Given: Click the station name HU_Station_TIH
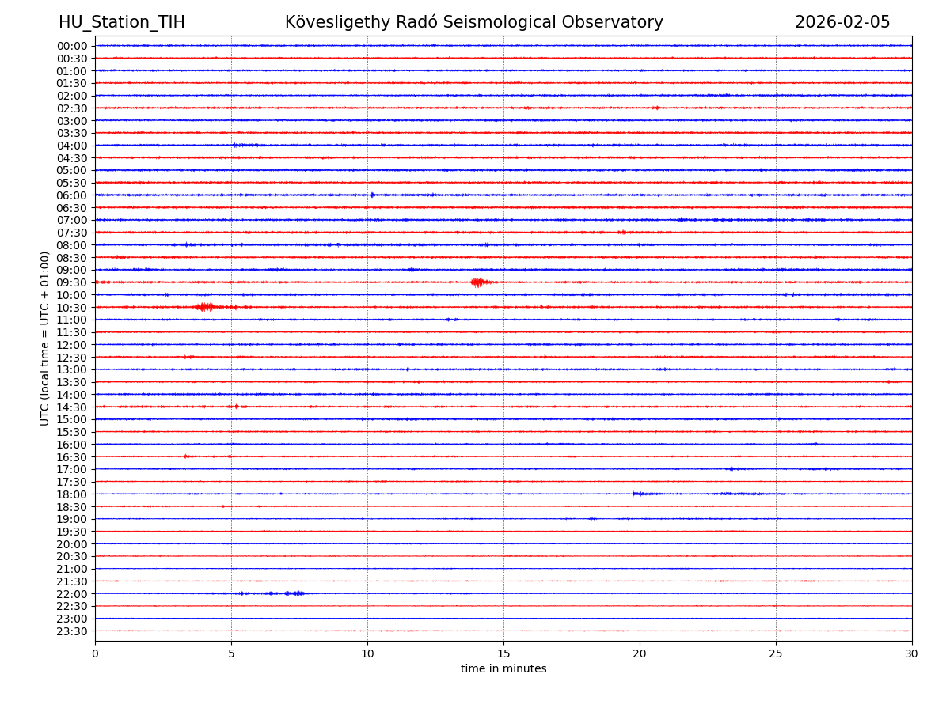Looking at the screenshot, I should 121,22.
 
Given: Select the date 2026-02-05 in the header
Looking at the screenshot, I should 842,22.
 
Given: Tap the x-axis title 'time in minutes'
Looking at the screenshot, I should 503,668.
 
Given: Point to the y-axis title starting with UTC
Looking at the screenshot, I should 45,338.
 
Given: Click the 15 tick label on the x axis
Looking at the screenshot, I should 503,653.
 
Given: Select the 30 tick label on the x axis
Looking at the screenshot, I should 911,653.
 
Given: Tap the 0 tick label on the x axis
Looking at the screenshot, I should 95,653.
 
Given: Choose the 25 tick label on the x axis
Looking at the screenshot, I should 776,653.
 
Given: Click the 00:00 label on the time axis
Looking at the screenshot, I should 72,46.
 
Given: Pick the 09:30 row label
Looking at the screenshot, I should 72,282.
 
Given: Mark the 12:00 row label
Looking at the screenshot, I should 72,345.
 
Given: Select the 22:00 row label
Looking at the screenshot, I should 72,594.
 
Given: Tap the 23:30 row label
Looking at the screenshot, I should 72,631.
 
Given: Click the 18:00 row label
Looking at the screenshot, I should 72,494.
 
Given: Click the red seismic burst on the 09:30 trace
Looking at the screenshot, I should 478,282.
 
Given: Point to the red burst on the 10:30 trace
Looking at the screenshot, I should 205,307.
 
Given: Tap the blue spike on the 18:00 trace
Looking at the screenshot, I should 635,494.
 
